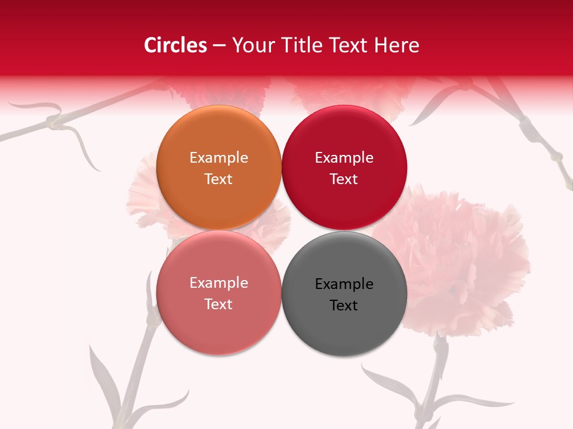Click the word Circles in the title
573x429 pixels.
175,45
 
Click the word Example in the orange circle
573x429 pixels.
218,157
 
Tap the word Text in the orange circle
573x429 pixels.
218,179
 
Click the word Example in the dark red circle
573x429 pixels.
344,157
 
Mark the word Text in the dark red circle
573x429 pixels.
344,179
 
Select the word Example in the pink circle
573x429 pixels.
218,282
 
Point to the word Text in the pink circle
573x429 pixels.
218,304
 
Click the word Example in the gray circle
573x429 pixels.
344,284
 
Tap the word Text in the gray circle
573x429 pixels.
344,305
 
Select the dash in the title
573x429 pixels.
219,45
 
